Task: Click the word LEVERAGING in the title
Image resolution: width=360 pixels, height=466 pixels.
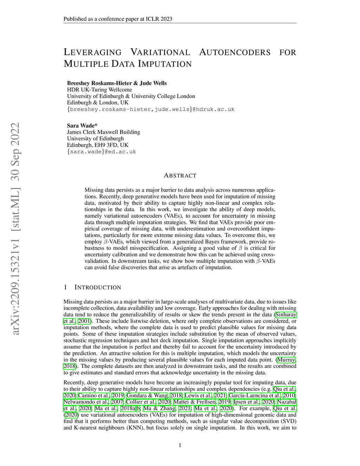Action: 92,52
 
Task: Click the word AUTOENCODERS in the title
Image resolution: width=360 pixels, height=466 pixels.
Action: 235,52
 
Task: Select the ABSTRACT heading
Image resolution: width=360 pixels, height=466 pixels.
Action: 180,175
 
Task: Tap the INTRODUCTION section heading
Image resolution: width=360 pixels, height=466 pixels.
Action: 98,287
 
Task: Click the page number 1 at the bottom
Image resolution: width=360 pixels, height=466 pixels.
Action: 180,446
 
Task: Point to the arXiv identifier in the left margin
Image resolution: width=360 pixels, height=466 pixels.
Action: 15,229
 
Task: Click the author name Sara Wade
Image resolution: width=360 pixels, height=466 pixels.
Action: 82,126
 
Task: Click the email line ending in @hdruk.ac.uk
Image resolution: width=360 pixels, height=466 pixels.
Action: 150,109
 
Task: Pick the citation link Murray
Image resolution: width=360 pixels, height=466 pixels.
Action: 286,359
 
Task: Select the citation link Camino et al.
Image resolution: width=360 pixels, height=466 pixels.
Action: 94,395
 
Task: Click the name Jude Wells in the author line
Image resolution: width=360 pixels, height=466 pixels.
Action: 153,83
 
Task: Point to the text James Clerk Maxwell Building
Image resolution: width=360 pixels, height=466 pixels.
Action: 103,132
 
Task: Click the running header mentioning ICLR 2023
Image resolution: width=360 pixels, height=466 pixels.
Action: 118,19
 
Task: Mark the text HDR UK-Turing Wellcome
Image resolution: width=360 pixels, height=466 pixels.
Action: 99,90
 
